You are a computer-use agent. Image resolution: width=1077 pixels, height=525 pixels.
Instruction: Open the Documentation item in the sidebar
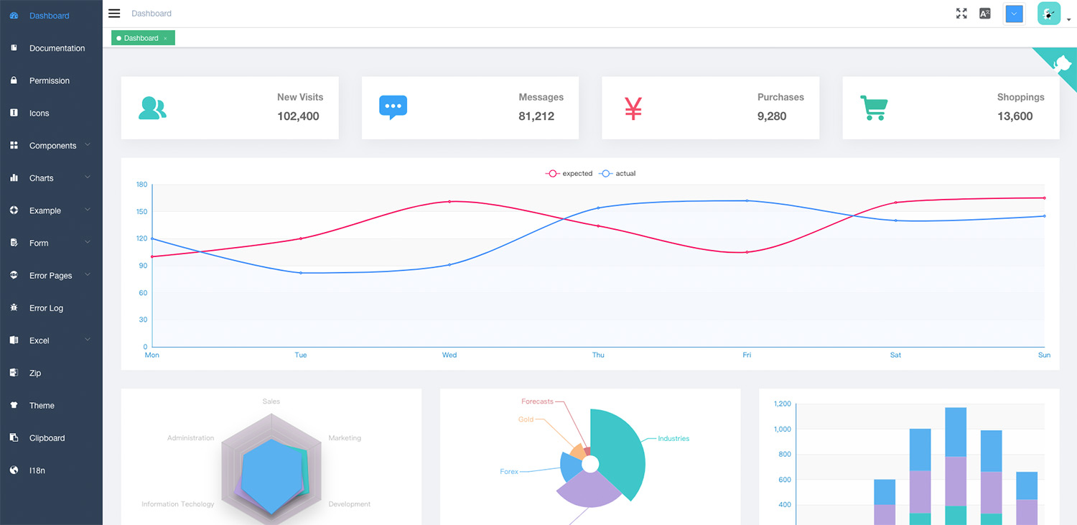(57, 48)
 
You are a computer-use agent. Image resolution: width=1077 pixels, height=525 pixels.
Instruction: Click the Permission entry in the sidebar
(49, 80)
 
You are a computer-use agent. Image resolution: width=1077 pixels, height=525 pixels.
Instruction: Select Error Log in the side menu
(46, 308)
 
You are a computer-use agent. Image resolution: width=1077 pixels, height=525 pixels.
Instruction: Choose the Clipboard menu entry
(47, 438)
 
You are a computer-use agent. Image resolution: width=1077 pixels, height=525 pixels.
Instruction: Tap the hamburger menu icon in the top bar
(114, 14)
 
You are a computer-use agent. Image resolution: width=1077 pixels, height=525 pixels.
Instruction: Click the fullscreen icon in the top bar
(961, 14)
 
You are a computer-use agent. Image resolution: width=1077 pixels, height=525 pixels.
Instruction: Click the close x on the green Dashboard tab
(165, 38)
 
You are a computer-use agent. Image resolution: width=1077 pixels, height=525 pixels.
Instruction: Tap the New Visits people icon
(152, 108)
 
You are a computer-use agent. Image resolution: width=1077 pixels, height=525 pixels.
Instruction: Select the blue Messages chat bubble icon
(393, 108)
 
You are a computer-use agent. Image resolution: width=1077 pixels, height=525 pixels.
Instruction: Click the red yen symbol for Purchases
(633, 108)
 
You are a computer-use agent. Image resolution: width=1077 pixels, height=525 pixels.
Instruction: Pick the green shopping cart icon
(874, 108)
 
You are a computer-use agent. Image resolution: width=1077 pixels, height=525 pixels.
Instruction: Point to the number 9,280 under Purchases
(772, 116)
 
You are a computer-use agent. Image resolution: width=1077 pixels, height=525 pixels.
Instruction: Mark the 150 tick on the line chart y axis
(141, 212)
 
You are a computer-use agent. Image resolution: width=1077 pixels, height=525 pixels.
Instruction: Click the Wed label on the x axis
(449, 355)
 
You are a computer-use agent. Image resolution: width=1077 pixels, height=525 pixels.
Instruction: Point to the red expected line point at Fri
(747, 252)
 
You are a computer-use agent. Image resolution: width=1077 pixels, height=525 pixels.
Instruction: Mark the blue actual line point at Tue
(301, 273)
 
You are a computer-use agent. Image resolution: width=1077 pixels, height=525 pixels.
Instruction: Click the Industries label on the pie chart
(673, 439)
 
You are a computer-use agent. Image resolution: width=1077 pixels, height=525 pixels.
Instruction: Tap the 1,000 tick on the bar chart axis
(782, 429)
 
